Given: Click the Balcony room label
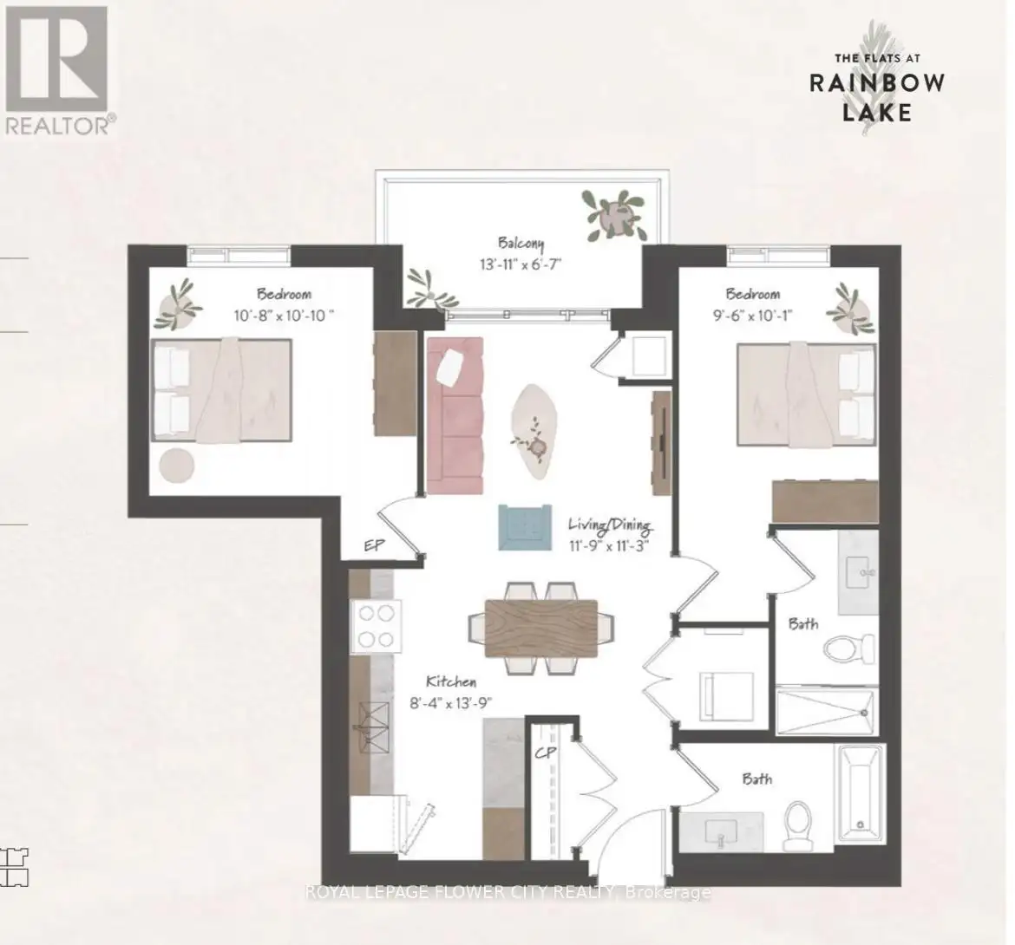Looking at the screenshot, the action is pyautogui.click(x=521, y=244).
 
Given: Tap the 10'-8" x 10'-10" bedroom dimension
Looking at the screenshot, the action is pyautogui.click(x=285, y=316).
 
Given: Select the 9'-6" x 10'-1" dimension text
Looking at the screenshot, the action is pyautogui.click(x=753, y=316).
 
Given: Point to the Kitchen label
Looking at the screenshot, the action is pyautogui.click(x=451, y=681).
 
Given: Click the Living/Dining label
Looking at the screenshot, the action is pyautogui.click(x=610, y=525).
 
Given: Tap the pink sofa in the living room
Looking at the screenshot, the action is pyautogui.click(x=455, y=414).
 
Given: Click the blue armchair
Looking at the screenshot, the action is pyautogui.click(x=525, y=527).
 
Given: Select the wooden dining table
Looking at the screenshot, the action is pyautogui.click(x=541, y=628).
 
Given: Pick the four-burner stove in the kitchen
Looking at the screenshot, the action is pyautogui.click(x=377, y=625).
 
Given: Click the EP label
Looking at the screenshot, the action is pyautogui.click(x=374, y=545).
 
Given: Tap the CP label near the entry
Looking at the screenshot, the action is pyautogui.click(x=546, y=753).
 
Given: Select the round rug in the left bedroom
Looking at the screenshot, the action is pyautogui.click(x=177, y=465).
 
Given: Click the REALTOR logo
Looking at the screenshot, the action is pyautogui.click(x=59, y=69).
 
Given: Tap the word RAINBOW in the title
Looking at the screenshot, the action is pyautogui.click(x=877, y=82).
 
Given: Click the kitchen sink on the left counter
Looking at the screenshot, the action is pyautogui.click(x=374, y=728).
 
